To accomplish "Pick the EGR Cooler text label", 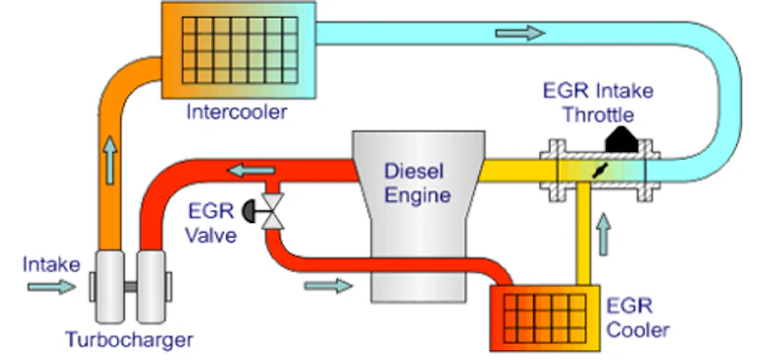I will tap(639, 318).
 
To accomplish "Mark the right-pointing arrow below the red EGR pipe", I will tap(329, 286).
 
